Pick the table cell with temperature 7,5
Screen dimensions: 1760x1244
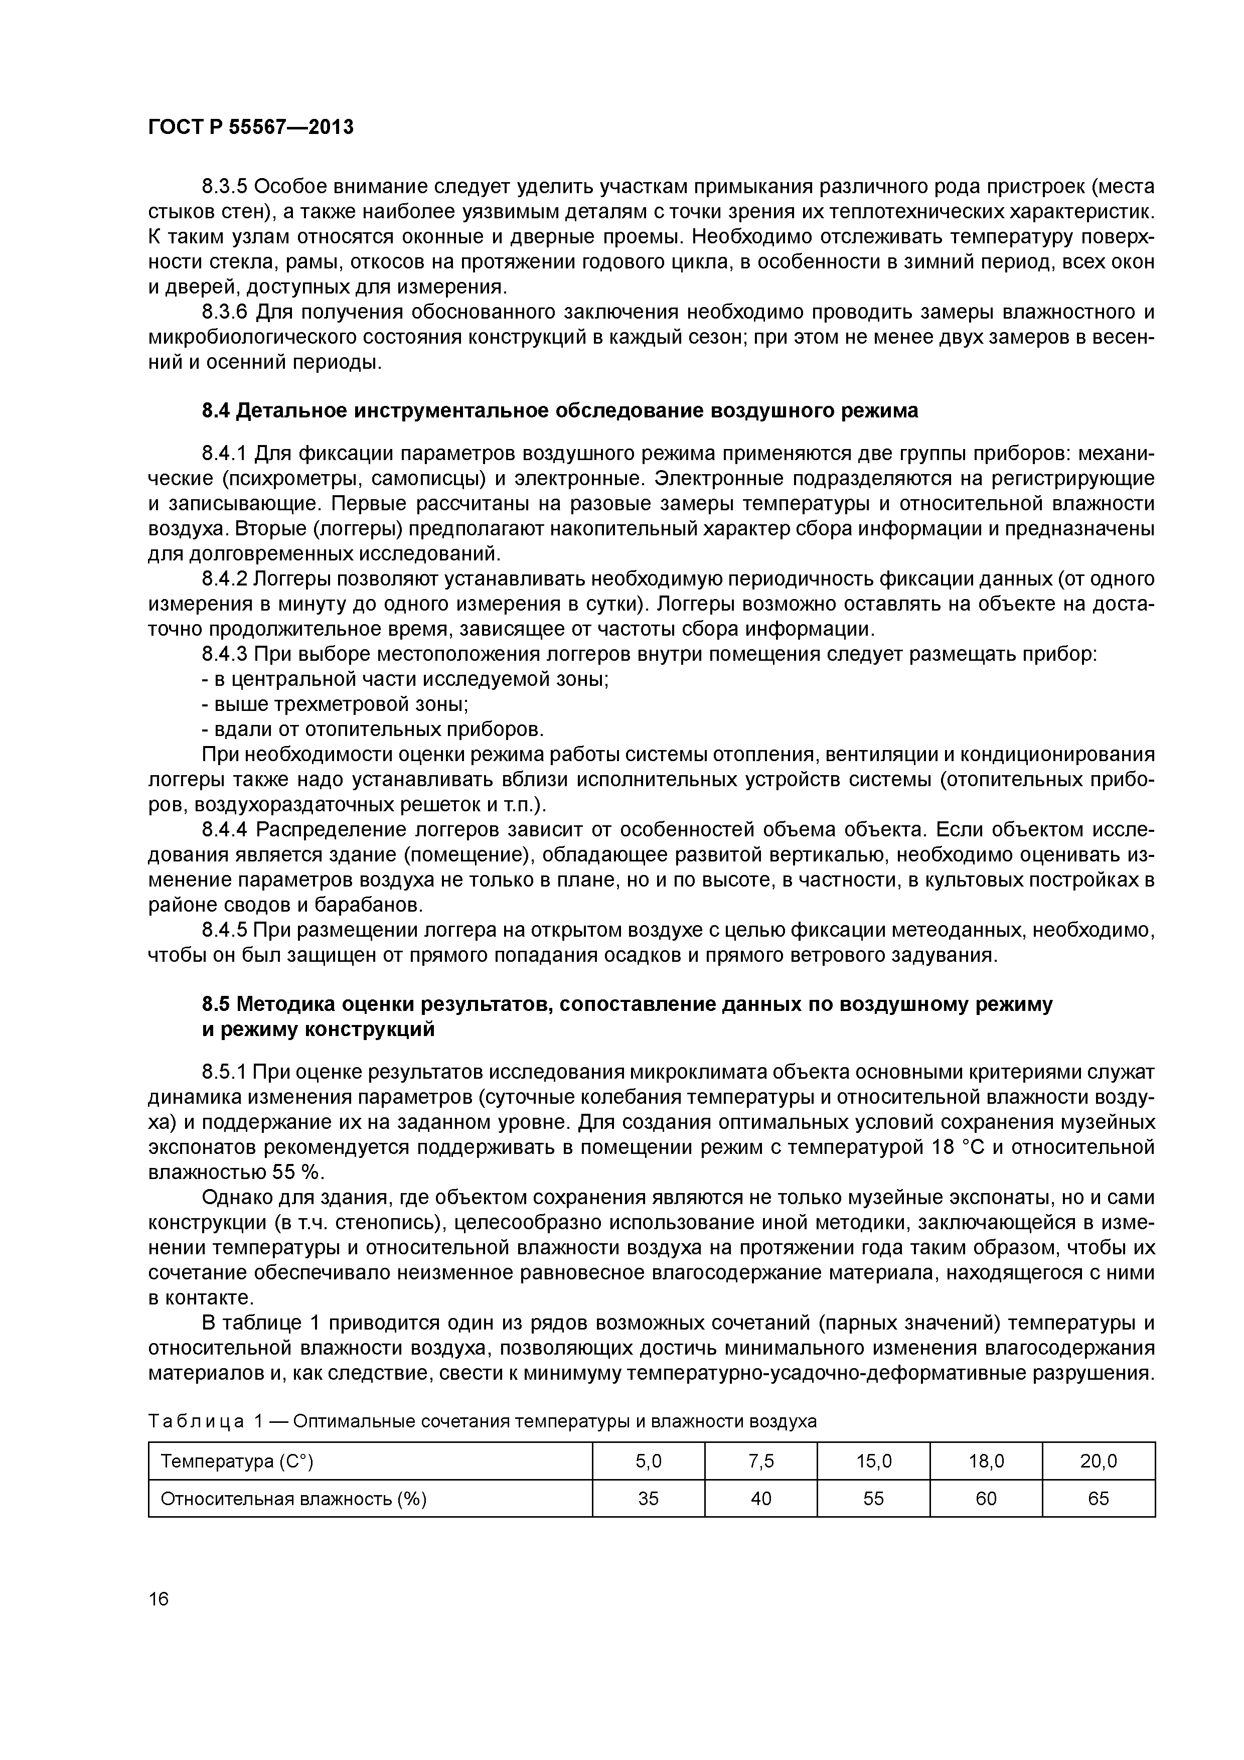760,1461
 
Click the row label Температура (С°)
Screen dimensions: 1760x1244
238,1461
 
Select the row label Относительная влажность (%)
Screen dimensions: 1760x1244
293,1499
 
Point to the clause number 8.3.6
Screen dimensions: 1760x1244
225,312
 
